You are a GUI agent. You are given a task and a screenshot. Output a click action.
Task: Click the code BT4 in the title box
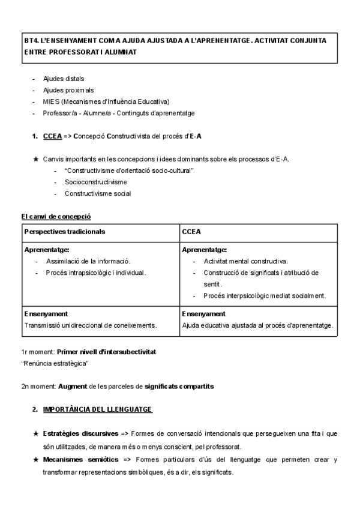[x=31, y=41]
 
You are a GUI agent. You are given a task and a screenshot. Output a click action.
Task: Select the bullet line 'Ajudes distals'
[x=64, y=79]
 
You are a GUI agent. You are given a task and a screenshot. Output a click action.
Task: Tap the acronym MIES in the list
[x=52, y=101]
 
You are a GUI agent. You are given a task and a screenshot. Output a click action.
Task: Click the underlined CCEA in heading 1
[x=53, y=136]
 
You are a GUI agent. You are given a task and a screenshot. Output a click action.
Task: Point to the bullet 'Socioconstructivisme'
[x=95, y=182]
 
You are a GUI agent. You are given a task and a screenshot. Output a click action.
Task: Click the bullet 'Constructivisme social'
[x=98, y=193]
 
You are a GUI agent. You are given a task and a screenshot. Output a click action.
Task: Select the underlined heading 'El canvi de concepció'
[x=56, y=216]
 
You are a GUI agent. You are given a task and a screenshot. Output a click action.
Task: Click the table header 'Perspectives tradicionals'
[x=65, y=231]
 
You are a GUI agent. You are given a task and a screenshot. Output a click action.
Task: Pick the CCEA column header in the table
[x=191, y=231]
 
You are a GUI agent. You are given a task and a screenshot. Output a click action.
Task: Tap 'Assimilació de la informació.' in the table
[x=88, y=261]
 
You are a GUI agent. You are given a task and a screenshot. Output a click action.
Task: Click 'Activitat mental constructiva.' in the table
[x=246, y=261]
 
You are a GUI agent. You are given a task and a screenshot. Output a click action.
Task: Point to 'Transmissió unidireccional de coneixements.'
[x=91, y=325]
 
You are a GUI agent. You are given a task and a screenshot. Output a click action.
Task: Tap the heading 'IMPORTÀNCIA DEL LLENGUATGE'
[x=97, y=409]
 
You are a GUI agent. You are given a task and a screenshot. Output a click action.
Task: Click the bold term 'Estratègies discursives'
[x=80, y=433]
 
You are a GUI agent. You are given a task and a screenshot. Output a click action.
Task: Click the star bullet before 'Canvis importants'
[x=36, y=159]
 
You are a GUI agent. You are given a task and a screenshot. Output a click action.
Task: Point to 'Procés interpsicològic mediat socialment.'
[x=265, y=295]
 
